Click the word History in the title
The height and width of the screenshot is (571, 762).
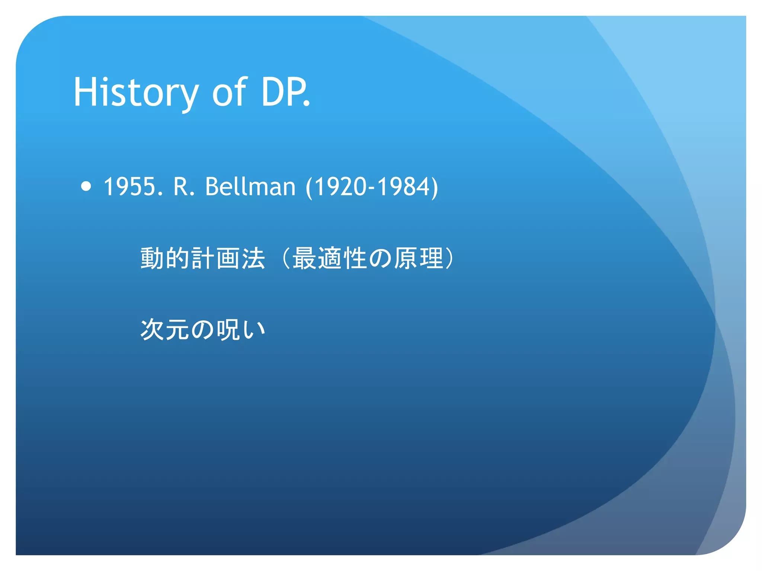(x=136, y=92)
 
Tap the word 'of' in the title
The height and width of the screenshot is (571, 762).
(x=229, y=92)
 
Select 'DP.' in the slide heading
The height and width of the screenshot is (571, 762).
(x=285, y=92)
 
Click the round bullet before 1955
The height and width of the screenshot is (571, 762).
(x=86, y=186)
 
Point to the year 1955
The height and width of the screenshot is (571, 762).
(x=133, y=186)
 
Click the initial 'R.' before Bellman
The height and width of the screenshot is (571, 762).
(x=184, y=186)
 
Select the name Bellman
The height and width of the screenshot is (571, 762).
(x=250, y=186)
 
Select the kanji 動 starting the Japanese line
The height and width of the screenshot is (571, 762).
(x=153, y=258)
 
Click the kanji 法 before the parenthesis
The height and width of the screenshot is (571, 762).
(x=253, y=258)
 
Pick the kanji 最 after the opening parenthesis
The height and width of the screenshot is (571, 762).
(x=304, y=258)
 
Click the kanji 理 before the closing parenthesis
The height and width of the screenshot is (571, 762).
(x=431, y=258)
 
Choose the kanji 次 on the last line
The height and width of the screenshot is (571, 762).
(x=153, y=330)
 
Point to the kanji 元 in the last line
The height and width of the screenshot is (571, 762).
(x=178, y=330)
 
